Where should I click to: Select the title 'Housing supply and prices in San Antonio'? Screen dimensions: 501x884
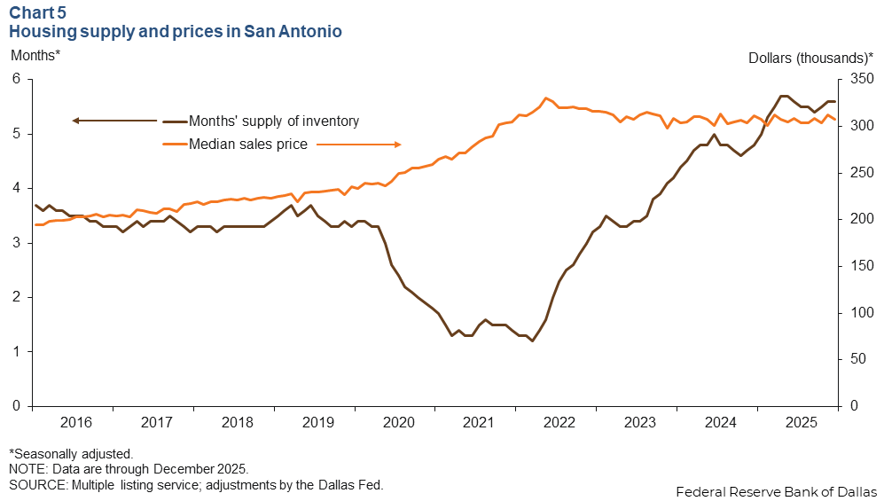point(176,31)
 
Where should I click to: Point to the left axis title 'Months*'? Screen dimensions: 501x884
point(35,56)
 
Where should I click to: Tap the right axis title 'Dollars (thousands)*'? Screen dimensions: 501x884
point(810,58)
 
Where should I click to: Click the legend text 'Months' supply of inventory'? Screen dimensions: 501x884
point(274,121)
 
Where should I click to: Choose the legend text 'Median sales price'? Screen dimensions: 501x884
point(247,145)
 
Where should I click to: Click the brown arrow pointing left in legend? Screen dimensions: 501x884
point(115,121)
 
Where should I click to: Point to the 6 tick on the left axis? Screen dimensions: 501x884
point(15,80)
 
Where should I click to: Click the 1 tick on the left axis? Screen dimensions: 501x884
point(15,352)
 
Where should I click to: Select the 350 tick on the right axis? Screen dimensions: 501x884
point(859,80)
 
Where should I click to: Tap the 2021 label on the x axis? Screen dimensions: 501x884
point(479,423)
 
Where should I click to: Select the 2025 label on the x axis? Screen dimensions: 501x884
point(800,423)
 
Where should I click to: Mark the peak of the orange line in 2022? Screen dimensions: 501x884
point(546,98)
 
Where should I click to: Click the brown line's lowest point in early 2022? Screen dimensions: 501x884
point(532,341)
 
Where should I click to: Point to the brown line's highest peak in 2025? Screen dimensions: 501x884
point(784,96)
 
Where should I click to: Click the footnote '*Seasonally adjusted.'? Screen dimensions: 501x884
point(71,453)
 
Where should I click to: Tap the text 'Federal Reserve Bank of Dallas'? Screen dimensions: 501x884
point(776,491)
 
